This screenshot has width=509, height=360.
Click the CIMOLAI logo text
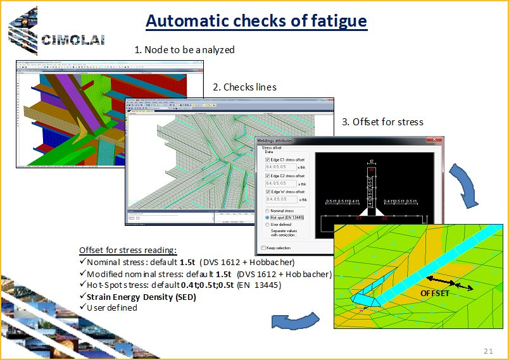(x=72, y=40)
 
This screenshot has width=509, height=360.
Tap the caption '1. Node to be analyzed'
(x=185, y=49)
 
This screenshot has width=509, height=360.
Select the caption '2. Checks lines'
(x=245, y=87)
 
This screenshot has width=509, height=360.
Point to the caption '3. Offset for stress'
(x=382, y=121)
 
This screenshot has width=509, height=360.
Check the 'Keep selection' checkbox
(x=263, y=247)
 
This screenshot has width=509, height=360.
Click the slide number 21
(x=487, y=351)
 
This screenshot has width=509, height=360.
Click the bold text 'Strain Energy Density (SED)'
(x=141, y=297)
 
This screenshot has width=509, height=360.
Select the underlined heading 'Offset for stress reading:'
(x=128, y=250)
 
